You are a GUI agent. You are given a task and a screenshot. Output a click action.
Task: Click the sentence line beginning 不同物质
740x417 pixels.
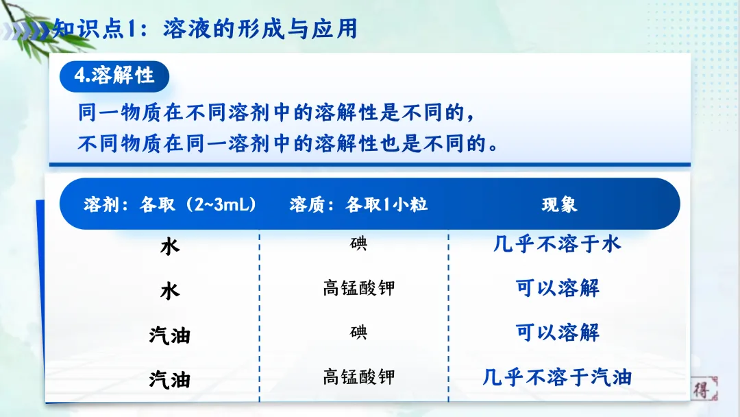click(x=288, y=144)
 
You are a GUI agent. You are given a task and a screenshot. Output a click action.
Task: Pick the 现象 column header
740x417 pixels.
click(x=559, y=204)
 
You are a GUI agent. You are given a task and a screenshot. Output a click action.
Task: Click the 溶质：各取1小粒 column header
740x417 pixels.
click(x=358, y=204)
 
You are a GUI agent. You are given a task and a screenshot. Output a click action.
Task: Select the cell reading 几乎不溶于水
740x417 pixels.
click(x=556, y=243)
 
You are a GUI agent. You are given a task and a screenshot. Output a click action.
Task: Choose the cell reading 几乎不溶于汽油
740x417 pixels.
click(x=556, y=377)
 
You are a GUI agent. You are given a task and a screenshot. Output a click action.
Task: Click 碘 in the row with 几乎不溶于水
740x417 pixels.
click(x=358, y=243)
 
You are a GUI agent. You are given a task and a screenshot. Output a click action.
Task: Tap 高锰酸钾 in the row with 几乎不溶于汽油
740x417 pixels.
click(x=358, y=377)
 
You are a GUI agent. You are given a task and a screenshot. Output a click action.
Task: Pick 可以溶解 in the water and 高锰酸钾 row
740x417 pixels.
click(x=557, y=287)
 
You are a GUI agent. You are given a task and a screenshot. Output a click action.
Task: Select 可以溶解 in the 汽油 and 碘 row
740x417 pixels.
click(x=557, y=333)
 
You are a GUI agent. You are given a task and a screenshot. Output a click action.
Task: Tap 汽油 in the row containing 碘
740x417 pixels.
click(x=169, y=335)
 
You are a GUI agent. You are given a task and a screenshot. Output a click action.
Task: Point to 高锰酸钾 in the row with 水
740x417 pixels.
click(x=358, y=287)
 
